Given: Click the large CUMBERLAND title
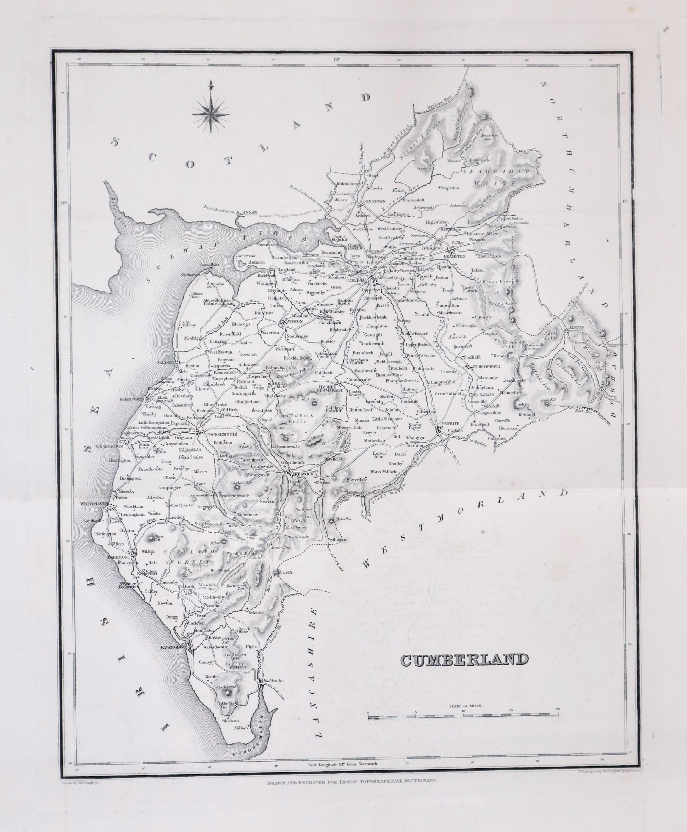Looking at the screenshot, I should tap(465, 660).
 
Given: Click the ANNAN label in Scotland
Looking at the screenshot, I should tap(250, 212).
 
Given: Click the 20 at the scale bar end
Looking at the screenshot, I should tap(558, 709).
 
